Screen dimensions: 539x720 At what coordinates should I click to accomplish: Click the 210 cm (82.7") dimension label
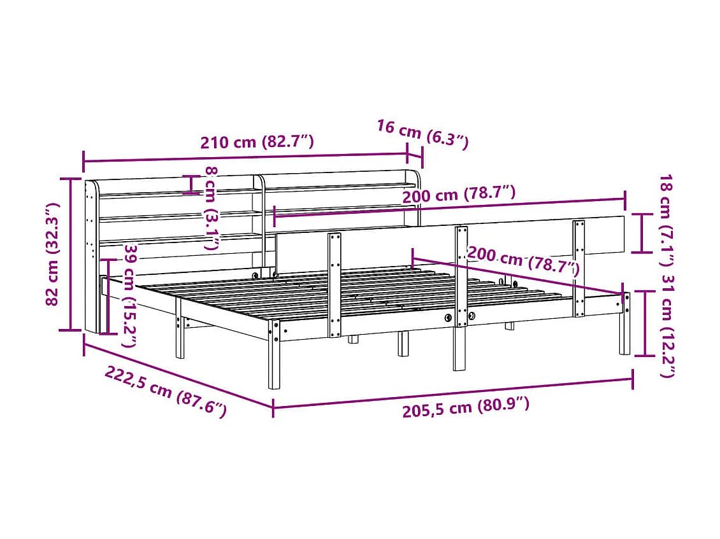(257, 141)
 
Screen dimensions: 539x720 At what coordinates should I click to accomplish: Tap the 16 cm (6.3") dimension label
(422, 134)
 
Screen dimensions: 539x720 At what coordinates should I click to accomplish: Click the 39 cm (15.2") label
(131, 295)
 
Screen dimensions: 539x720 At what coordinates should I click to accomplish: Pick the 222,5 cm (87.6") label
(166, 391)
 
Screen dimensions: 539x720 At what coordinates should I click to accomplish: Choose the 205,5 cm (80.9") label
(466, 406)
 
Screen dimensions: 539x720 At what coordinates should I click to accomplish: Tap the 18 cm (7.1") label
(666, 213)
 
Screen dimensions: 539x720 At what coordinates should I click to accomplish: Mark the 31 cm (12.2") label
(666, 325)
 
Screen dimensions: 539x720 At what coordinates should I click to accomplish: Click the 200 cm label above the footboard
(459, 193)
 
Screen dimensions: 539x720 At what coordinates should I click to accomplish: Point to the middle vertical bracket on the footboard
(460, 276)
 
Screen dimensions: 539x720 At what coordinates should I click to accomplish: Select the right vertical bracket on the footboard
(579, 268)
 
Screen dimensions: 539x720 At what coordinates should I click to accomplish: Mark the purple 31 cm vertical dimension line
(645, 323)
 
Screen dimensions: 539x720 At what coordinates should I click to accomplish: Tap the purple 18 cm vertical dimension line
(642, 233)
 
